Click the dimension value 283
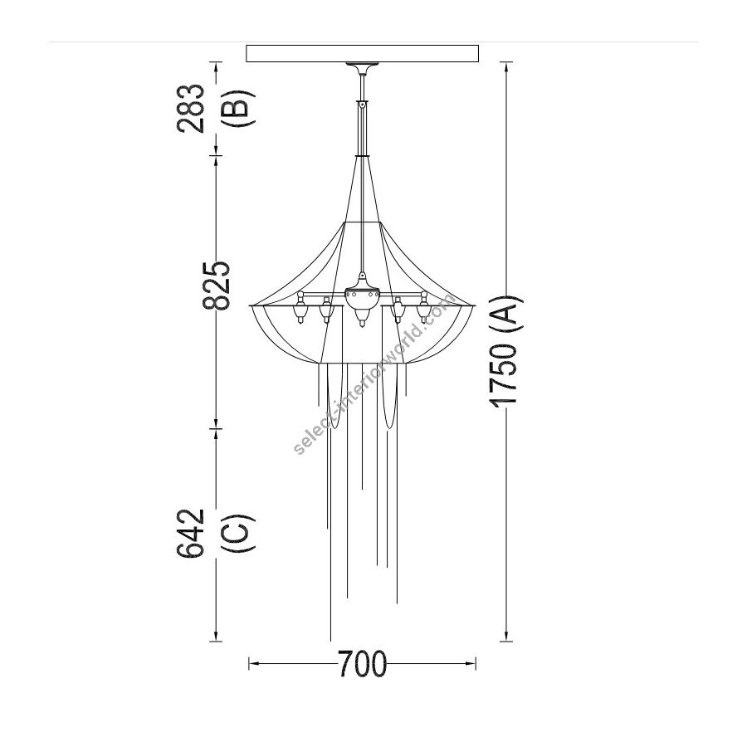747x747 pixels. pyautogui.click(x=191, y=108)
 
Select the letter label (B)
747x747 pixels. pyautogui.click(x=237, y=108)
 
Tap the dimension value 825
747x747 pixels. pyautogui.click(x=217, y=286)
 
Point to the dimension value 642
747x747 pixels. pyautogui.click(x=191, y=533)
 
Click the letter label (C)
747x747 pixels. pyautogui.click(x=237, y=533)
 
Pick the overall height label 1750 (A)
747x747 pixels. pyautogui.click(x=506, y=353)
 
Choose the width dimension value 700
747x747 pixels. pyautogui.click(x=363, y=664)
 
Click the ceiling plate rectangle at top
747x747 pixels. pyautogui.click(x=362, y=53)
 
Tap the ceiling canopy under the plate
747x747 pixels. pyautogui.click(x=363, y=69)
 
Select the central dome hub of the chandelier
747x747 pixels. pyautogui.click(x=363, y=296)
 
